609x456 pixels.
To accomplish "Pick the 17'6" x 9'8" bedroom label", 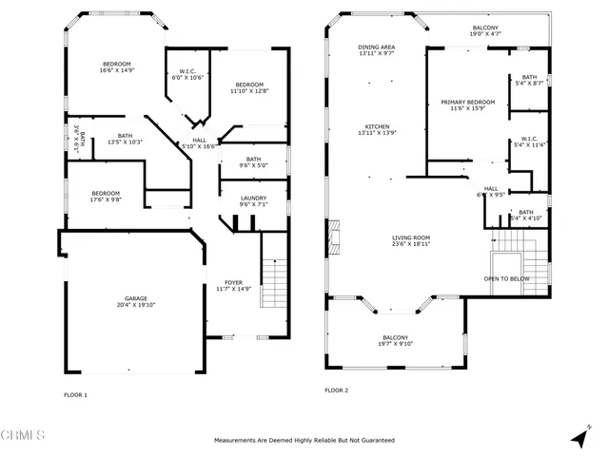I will [105, 196].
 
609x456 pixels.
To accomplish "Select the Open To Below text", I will [506, 279].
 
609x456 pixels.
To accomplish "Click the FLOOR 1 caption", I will [75, 394].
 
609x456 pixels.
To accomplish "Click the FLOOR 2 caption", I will [337, 390].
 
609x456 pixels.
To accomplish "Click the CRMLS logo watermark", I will [23, 436].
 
